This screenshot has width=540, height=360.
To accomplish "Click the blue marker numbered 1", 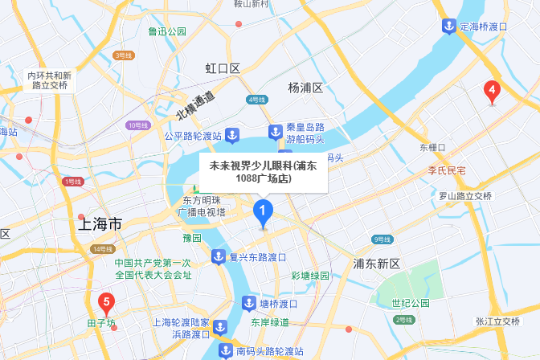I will coord(263,212).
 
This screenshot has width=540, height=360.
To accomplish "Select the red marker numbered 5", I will coord(105,303).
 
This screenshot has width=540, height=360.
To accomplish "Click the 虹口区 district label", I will coord(223,69).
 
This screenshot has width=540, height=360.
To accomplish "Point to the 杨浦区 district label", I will coord(305,87).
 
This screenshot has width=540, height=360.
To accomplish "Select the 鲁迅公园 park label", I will coord(167,31).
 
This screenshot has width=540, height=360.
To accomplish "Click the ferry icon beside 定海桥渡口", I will coord(448,27).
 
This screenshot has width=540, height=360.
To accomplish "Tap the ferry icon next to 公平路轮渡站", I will coord(232,135).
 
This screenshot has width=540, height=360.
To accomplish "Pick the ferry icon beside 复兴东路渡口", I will coord(218,257).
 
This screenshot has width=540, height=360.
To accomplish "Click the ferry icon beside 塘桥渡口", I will coord(248,304).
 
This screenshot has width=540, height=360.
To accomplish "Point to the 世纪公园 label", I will coord(405,303).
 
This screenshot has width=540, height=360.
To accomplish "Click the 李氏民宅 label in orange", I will coord(446,170).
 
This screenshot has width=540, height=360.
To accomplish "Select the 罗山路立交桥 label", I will coord(464,195).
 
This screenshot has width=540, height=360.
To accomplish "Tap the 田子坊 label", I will coord(101,324).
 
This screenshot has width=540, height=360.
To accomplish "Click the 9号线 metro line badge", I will coord(382,239).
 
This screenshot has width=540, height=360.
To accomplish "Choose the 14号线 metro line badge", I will coord(102,249).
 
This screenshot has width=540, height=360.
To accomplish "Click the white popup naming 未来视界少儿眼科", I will coord(264,172).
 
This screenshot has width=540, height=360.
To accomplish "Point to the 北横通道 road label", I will coord(196,105).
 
